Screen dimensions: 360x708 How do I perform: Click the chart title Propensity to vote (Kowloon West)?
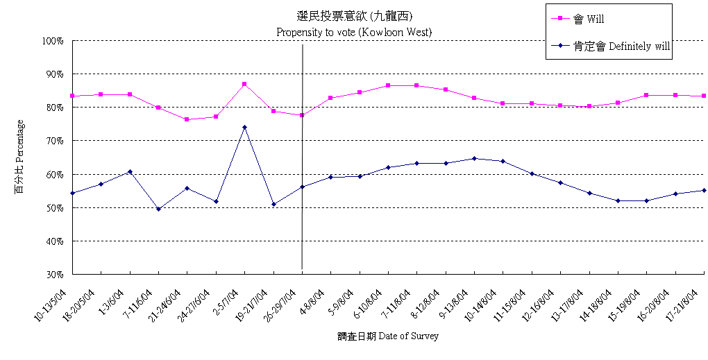[x=354, y=32]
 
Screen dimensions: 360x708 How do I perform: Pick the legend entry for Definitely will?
[x=611, y=46]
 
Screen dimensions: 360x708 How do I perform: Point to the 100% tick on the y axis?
[x=53, y=41]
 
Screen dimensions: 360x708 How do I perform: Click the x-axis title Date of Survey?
[x=388, y=336]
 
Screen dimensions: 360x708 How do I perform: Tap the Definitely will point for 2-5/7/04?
[x=244, y=127]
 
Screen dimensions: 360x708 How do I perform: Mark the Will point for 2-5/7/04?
[x=244, y=84]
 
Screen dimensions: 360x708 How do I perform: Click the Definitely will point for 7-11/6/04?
[x=158, y=209]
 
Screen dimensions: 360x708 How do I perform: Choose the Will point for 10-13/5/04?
[x=72, y=96]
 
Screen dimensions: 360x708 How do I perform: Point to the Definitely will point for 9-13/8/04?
[x=474, y=158]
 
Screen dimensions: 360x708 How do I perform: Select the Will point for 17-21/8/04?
[x=704, y=96]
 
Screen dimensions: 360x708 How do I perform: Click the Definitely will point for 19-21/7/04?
[x=273, y=204]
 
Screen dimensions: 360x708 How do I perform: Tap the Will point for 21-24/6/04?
[x=187, y=119]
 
